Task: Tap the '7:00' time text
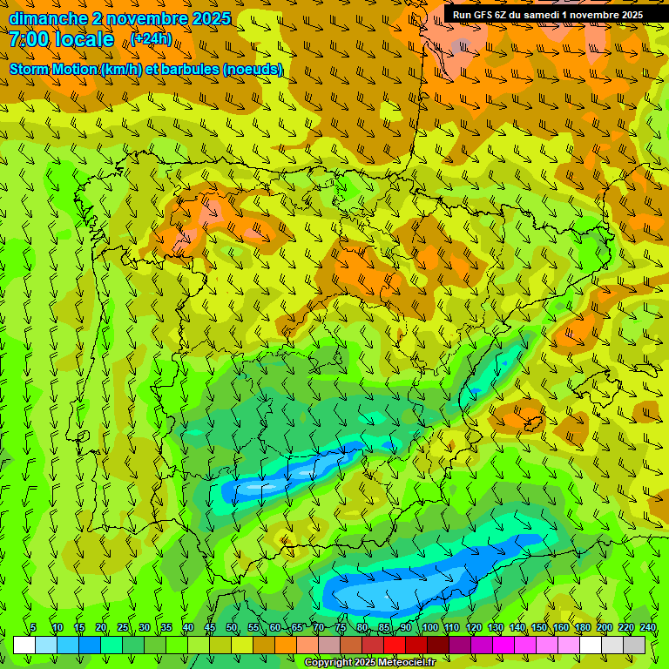pyautogui.click(x=29, y=39)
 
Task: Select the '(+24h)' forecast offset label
pyautogui.click(x=152, y=39)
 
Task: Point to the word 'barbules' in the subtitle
pyautogui.click(x=190, y=69)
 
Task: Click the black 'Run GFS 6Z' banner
pyautogui.click(x=547, y=14)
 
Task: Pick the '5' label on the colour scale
pyautogui.click(x=33, y=627)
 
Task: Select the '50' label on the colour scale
pyautogui.click(x=232, y=627)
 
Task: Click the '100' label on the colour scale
pyautogui.click(x=430, y=627)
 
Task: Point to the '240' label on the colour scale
pyautogui.click(x=648, y=627)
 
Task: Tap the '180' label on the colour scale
pyautogui.click(x=582, y=627)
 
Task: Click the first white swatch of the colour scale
pyautogui.click(x=24, y=645)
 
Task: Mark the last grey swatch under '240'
pyautogui.click(x=634, y=645)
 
